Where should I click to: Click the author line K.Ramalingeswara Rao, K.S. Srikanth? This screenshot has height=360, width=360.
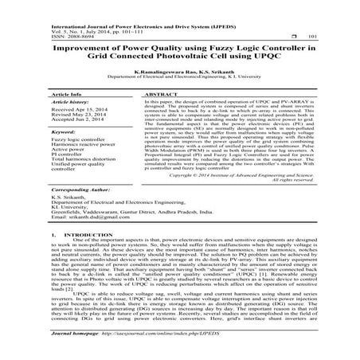(180, 72)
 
